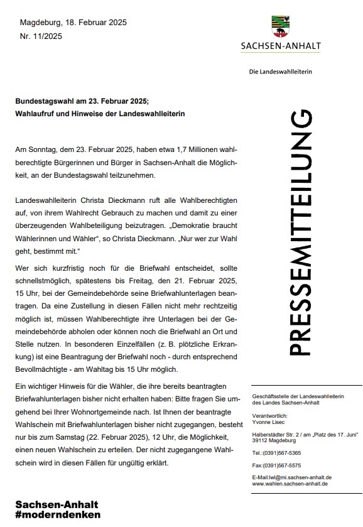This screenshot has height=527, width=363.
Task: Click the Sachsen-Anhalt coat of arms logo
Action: [281, 28]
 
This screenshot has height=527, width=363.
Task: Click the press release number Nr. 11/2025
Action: [41, 36]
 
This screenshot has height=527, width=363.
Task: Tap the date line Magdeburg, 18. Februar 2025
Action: [73, 23]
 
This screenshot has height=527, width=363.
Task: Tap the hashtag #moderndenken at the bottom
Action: [58, 515]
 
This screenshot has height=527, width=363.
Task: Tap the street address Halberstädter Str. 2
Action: [275, 433]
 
